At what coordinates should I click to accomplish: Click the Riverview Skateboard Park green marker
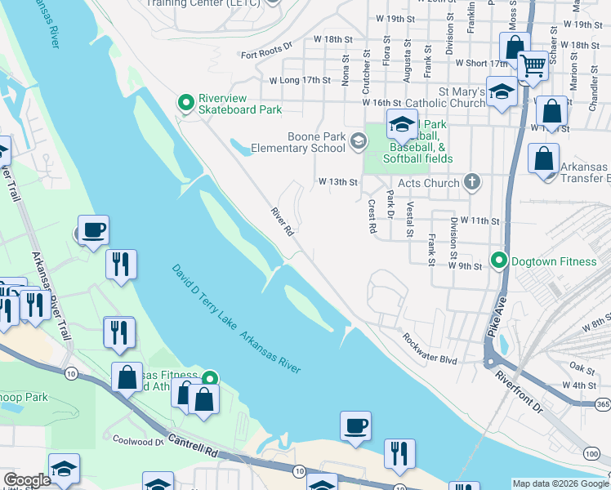coord(186,102)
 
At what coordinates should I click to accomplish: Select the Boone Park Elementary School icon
coord(358,142)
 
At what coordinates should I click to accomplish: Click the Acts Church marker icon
coord(472,182)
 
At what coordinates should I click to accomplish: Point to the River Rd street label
coord(283,222)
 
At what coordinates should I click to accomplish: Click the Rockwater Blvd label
coord(428,348)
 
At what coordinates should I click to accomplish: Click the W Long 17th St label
coord(300,80)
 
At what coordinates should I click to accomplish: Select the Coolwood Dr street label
coord(138,442)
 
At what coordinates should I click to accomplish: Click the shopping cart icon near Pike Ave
coord(533,64)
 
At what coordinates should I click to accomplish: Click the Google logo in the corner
coord(27,480)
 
